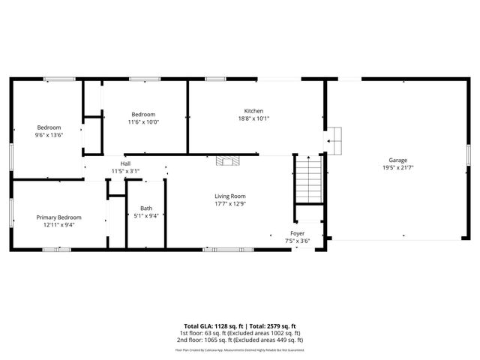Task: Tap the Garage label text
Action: point(397,160)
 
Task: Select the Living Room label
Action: point(230,196)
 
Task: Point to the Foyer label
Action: point(298,233)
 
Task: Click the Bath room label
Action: point(145,208)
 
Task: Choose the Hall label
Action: point(125,163)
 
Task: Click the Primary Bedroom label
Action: point(58,217)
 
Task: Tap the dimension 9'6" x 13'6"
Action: point(49,135)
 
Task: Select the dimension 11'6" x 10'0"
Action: point(143,121)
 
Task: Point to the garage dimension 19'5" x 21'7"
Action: point(397,167)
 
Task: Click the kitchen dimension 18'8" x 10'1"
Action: point(254,118)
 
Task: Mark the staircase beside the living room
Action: point(307,180)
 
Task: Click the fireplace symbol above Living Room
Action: point(227,160)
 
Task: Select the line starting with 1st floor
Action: point(240,332)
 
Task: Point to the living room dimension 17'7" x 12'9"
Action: point(230,203)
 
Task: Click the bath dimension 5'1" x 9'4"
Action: point(146,216)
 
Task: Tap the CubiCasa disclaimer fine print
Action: point(240,349)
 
